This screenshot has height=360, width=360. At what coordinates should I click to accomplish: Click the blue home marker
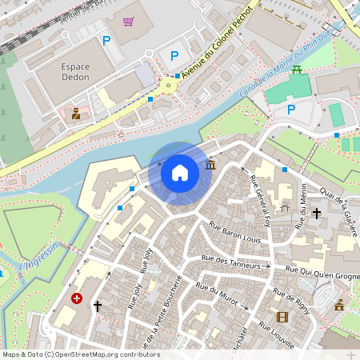coord(180,172)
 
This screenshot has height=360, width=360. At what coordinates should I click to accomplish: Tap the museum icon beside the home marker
coord(210,165)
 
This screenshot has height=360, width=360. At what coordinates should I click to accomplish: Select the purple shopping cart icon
coord(129,22)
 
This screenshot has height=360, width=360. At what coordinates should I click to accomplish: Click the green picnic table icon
coord(297,70)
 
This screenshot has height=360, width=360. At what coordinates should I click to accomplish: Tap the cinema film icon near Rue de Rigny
coord(281,317)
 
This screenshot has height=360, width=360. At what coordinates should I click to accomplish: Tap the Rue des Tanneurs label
coord(230,259)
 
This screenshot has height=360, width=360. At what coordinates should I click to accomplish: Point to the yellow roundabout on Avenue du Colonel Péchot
coord(169,84)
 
